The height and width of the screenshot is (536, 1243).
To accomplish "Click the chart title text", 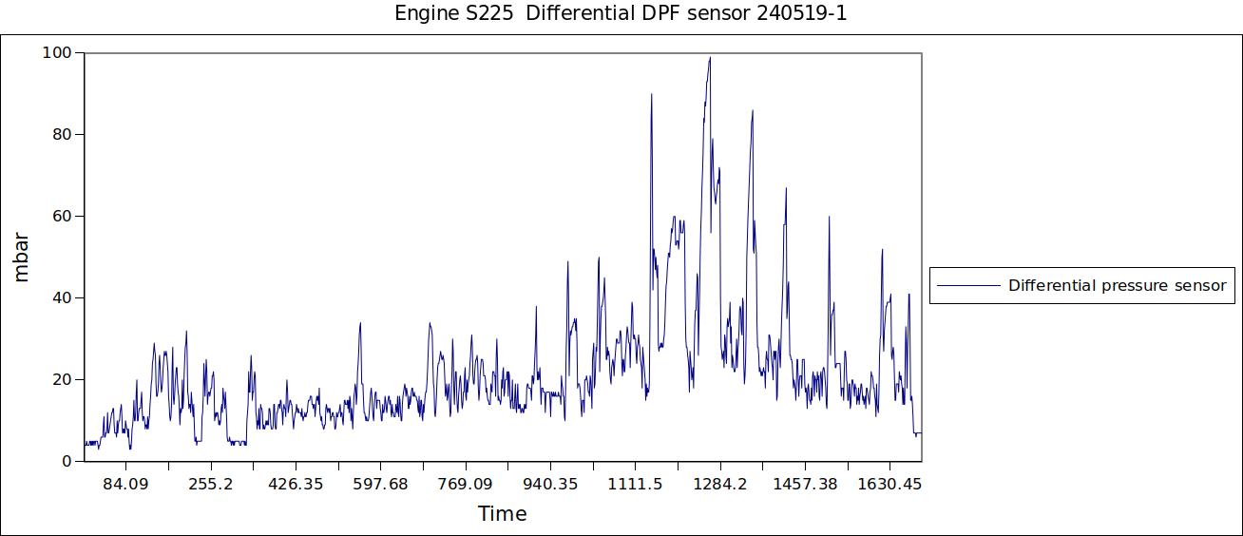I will (x=621, y=14).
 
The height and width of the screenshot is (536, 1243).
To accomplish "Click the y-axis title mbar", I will (x=22, y=257).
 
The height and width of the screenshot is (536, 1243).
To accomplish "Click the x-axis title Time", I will (x=502, y=514).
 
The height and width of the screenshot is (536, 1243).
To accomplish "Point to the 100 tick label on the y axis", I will (x=57, y=53).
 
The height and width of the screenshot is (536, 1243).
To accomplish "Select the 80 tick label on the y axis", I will (x=62, y=135).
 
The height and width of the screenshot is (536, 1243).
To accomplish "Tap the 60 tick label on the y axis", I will (x=62, y=217).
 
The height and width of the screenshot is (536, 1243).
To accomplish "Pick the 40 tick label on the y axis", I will (x=62, y=298).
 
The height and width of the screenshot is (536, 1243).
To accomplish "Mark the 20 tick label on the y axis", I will (x=62, y=380).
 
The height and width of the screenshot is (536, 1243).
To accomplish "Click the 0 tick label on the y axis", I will (x=67, y=462).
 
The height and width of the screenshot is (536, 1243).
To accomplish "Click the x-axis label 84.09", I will (x=125, y=485).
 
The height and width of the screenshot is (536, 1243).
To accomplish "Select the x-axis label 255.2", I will (x=210, y=485).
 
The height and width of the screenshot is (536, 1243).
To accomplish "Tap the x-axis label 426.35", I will (x=296, y=485).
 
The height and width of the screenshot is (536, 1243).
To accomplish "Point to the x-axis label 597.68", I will (x=380, y=485).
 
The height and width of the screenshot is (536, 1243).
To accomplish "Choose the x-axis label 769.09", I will (x=465, y=485).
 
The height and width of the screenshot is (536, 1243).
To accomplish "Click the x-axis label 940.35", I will (x=550, y=485).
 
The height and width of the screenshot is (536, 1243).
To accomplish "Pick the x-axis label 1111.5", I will (x=635, y=485).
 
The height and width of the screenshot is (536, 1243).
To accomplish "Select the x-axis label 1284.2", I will (x=720, y=485).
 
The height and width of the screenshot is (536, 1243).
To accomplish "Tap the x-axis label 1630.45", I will (x=889, y=485).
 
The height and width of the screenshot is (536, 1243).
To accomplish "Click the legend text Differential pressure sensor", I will (x=1117, y=285).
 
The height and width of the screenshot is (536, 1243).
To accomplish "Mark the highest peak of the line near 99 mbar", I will (x=709, y=58).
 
